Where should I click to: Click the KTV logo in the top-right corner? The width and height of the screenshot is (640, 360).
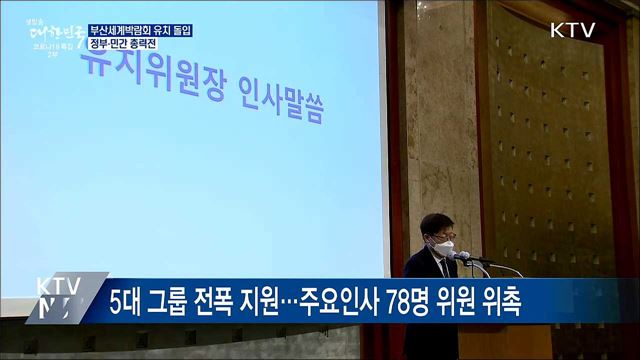pos(572,30)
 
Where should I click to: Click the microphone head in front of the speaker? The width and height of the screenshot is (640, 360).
pos(462,256)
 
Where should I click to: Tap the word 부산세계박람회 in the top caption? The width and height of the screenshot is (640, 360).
pos(122,30)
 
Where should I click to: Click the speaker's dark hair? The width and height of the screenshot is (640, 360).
pos(438,222)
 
